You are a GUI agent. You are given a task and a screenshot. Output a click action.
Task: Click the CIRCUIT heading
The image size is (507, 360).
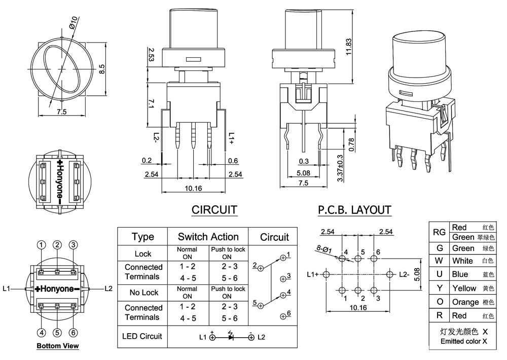(214, 210)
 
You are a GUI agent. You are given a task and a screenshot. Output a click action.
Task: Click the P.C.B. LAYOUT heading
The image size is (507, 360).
(354, 210)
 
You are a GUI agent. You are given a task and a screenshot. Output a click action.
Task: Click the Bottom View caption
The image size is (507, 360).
(57, 346)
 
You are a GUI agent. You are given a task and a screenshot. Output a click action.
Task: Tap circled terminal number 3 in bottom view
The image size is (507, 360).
(74, 245)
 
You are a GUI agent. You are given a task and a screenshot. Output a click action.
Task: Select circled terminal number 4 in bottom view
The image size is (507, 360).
(41, 333)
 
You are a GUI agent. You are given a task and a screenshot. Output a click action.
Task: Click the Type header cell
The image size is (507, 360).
(142, 237)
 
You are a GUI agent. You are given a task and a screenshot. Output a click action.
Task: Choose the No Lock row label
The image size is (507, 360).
(143, 293)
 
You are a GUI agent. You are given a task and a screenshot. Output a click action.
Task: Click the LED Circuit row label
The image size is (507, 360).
(142, 336)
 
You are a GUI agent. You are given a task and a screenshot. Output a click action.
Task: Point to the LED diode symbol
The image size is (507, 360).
(231, 337)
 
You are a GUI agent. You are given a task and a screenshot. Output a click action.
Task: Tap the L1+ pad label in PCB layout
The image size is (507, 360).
(313, 274)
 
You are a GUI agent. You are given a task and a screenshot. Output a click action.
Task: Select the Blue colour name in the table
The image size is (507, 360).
(460, 274)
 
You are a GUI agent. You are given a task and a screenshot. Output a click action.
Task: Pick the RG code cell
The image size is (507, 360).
(439, 232)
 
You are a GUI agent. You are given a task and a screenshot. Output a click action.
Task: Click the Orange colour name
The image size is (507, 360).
(465, 302)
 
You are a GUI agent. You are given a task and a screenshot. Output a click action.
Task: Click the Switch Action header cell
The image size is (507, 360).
(208, 237)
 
